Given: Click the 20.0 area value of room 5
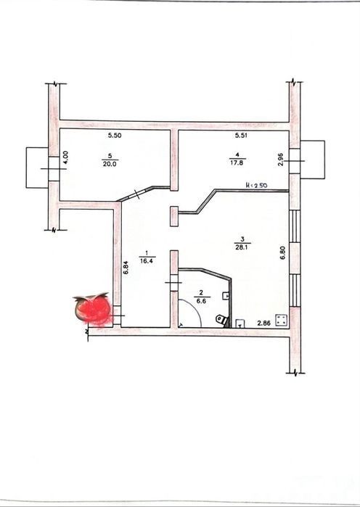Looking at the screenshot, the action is pos(110,164).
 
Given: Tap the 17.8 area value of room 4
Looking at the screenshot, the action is pos(237,163).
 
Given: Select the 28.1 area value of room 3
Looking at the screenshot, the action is pos(242,247).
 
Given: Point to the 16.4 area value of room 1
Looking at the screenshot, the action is pos(147,261).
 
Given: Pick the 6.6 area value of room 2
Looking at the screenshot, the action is pos(201,301).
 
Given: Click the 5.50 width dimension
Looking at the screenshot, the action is pos(115,136).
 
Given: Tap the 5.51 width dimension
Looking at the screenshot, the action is pos(241,136).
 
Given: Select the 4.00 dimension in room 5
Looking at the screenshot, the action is pos(65,158).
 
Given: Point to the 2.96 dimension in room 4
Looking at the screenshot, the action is pos(281,159).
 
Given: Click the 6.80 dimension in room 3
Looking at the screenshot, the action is pos(283,253).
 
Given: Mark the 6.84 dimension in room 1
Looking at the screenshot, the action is pos(126,268).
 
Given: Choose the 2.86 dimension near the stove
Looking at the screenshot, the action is pos(264,323).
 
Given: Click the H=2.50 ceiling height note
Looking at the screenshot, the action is pos(256,186).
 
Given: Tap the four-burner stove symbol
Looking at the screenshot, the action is pos(282,321).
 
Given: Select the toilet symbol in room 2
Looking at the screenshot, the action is pos(222,320).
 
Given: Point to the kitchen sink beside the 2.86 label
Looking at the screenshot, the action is pos(240,323).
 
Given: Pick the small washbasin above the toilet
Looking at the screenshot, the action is pos(226,295).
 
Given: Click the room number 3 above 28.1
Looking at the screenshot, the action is pos(242,239).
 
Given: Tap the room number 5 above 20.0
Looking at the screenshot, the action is pos(110,156).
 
